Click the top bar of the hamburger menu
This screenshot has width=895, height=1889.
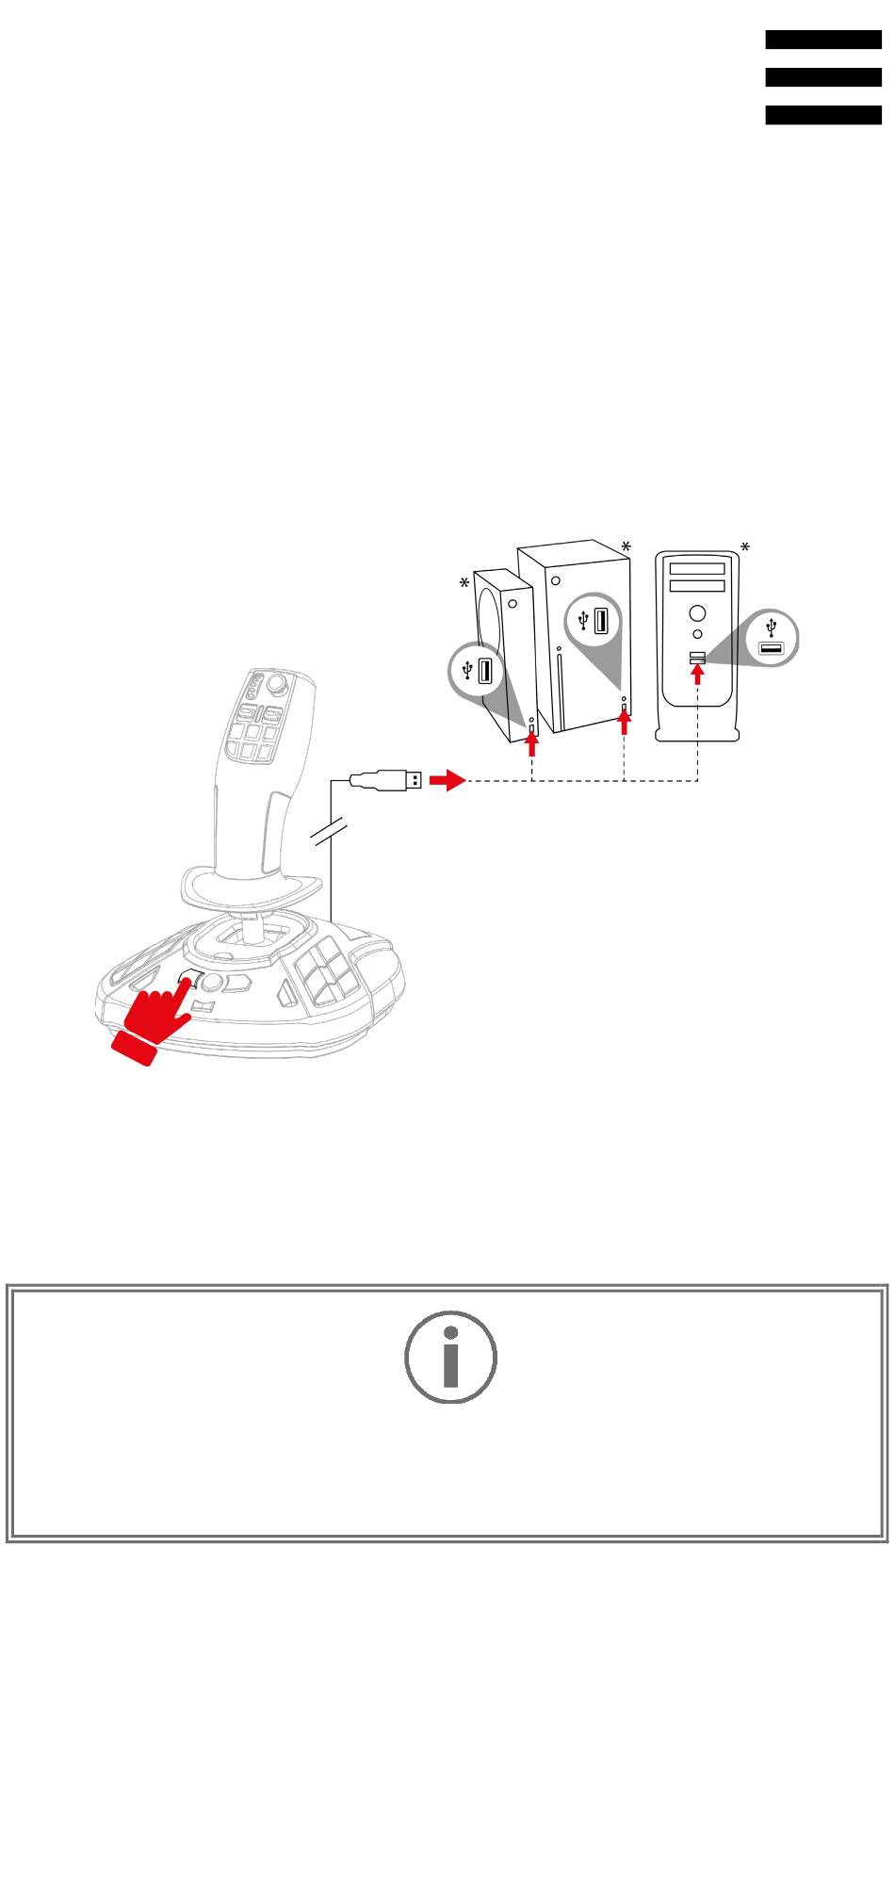(x=822, y=40)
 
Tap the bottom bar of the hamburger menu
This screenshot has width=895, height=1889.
(x=822, y=115)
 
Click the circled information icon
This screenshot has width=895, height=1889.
(x=451, y=1358)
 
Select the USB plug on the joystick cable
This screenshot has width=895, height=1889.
(x=386, y=779)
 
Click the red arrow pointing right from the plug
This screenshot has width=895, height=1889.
(x=447, y=780)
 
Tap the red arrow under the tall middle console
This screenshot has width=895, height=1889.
(x=624, y=722)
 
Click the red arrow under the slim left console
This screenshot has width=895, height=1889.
(x=532, y=744)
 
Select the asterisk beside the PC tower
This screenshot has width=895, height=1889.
(x=746, y=547)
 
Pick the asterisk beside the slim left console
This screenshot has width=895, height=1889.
(x=464, y=584)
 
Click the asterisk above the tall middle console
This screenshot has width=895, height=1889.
(x=626, y=546)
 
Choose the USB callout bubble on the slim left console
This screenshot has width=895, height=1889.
(x=476, y=670)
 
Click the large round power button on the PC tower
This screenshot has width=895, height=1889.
(x=697, y=612)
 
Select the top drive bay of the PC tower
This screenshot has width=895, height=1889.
(x=697, y=569)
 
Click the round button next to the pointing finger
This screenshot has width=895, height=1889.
(x=212, y=983)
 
